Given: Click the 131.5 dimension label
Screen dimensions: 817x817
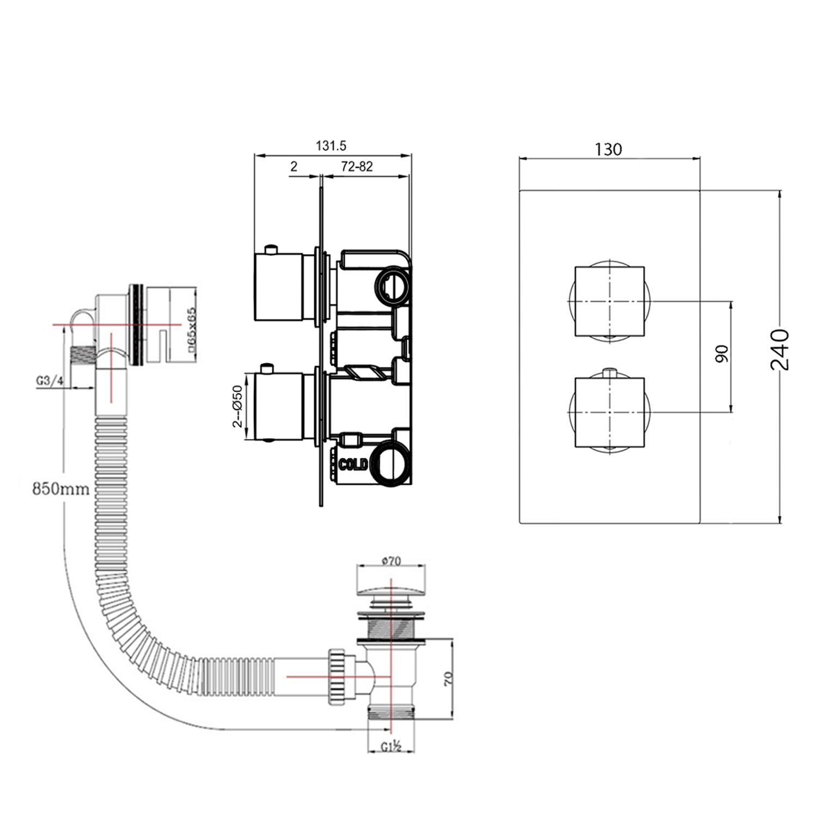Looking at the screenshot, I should coord(331,146).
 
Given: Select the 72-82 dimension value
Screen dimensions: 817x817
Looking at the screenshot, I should coord(357,167).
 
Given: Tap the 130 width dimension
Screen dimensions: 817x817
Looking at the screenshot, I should coord(608,149).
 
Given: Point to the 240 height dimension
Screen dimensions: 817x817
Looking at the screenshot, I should coord(780,350).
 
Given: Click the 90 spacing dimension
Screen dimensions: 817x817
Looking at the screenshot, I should coord(722,355).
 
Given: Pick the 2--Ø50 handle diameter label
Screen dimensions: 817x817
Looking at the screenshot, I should coord(237,406).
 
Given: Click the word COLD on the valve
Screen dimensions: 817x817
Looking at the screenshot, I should coord(353,465).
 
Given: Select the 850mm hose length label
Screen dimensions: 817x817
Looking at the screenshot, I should coord(61,489).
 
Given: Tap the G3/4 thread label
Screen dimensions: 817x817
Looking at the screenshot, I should coord(50,381).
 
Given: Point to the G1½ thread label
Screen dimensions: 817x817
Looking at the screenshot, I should coord(391,747).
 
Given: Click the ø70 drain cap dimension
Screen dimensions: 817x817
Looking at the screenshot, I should coord(391,560).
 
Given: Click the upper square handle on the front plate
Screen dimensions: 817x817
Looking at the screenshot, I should coord(609,301).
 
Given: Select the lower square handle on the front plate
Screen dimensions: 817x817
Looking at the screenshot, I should coord(609,412).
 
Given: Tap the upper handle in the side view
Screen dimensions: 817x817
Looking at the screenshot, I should coord(278,286).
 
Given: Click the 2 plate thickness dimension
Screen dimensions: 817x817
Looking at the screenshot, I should coord(294,167).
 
